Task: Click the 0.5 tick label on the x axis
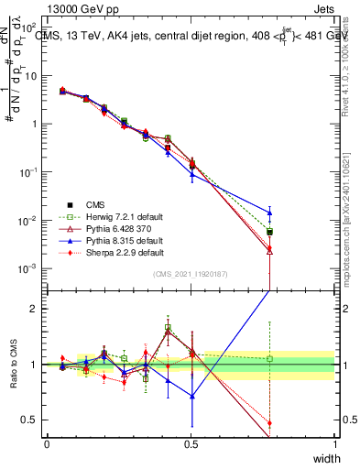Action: pyautogui.click(x=191, y=443)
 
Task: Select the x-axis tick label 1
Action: pyautogui.click(x=334, y=443)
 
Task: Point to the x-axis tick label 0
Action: pyautogui.click(x=47, y=443)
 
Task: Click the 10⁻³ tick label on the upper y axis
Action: pyautogui.click(x=30, y=268)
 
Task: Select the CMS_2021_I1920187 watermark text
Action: pyautogui.click(x=191, y=274)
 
